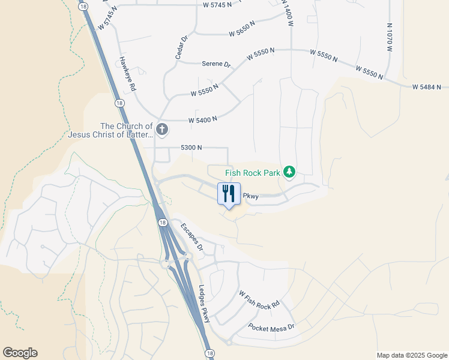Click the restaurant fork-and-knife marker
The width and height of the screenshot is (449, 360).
pos(228,194)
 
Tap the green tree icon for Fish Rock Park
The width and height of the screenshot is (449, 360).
pos(290,172)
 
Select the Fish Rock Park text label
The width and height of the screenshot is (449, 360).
pos(253,173)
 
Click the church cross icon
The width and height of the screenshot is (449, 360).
pos(161,129)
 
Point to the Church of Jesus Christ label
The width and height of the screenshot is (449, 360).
pos(126,130)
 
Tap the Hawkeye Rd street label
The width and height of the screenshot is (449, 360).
pos(127,74)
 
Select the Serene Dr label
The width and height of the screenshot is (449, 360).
pos(216,64)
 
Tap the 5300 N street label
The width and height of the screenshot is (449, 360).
pos(191,148)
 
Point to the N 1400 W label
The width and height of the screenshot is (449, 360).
pos(289,12)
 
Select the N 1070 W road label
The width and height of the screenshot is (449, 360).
pos(389,37)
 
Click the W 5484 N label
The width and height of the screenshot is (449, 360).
pos(430,87)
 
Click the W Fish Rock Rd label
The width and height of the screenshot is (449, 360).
pos(259,299)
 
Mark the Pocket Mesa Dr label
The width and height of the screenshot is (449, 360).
pos(271,328)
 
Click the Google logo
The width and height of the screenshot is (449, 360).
pos(20,353)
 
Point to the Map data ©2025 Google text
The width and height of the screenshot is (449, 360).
pos(411,355)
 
